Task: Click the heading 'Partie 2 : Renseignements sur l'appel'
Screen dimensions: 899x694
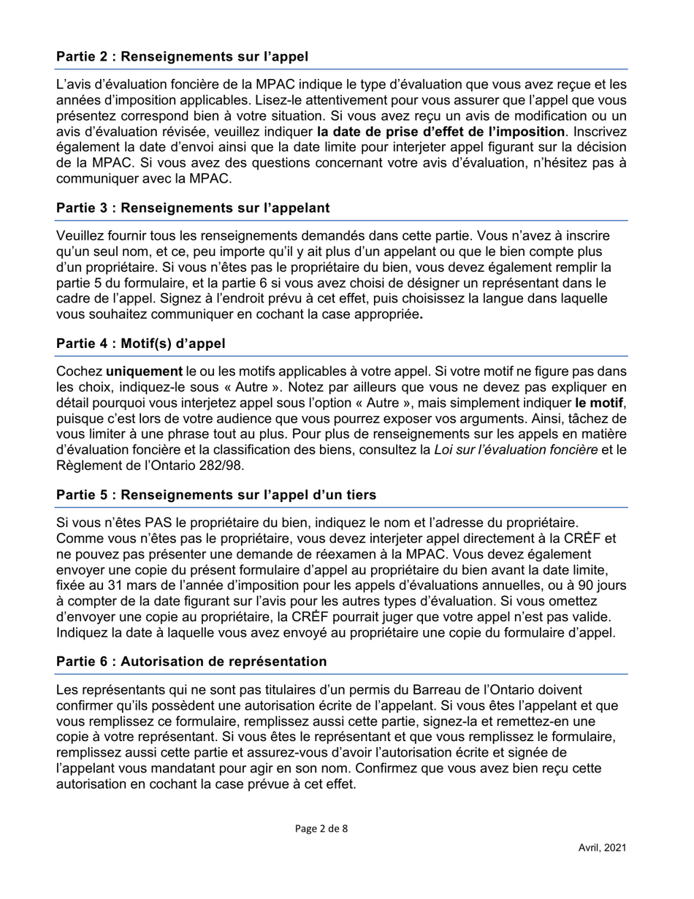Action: coord(182,56)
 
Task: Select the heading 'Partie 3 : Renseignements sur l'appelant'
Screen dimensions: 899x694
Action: coord(193,208)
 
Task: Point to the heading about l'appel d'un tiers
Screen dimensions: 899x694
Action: coord(216,496)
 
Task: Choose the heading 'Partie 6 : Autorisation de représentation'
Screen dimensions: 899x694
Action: coord(191,661)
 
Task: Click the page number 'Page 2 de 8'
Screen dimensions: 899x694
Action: coord(321,829)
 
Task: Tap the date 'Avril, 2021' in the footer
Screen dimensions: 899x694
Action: coord(602,848)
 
